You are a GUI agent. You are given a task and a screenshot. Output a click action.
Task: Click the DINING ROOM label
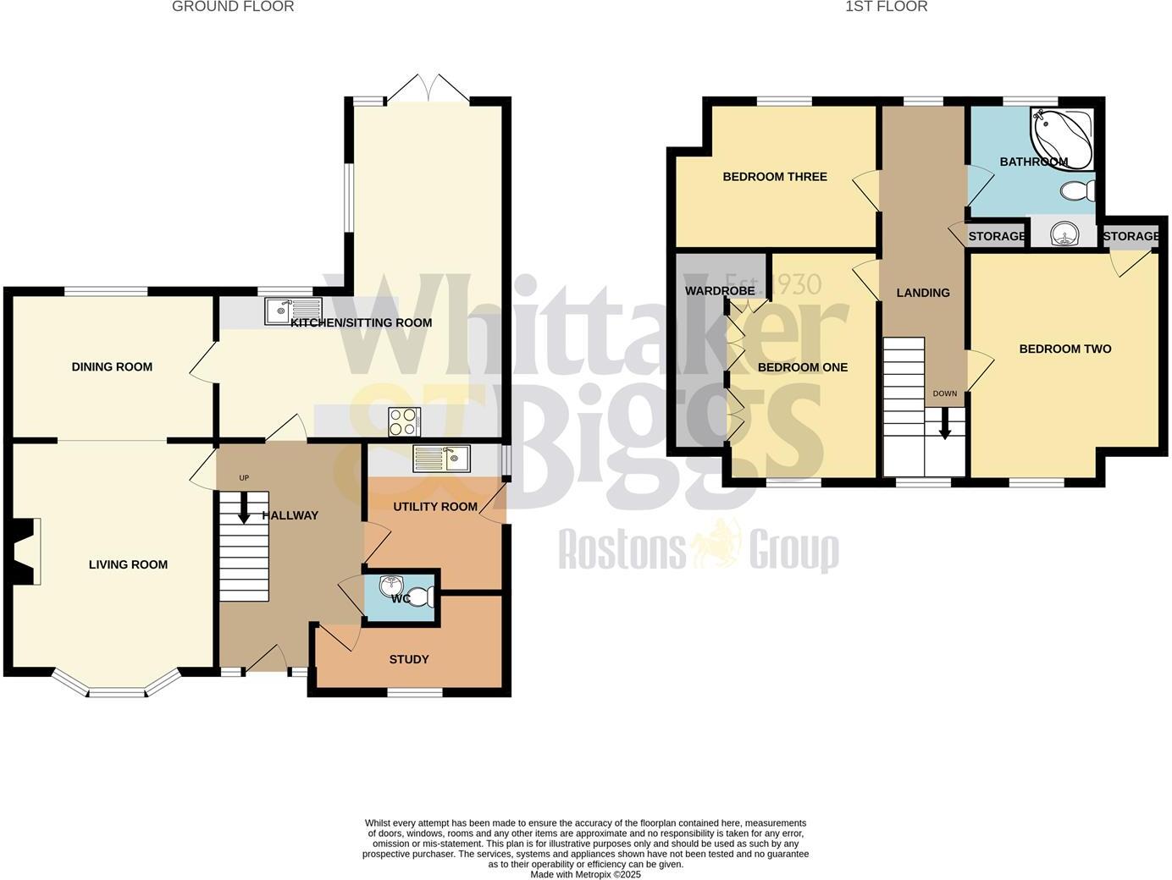pos(112,367)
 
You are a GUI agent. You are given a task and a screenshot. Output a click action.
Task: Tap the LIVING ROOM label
pos(128,565)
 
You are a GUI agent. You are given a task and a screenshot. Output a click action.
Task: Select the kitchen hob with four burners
pos(405,421)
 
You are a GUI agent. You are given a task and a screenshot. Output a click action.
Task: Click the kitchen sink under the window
pos(293,311)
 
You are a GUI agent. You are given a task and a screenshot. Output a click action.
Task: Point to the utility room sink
pos(441,459)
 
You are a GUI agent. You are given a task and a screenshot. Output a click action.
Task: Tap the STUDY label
pos(409,660)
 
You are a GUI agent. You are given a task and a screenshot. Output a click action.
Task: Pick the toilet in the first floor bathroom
pos(1076,191)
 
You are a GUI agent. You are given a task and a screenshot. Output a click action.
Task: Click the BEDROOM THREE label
pos(775,177)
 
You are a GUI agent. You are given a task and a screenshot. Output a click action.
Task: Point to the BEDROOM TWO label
pos(1064,349)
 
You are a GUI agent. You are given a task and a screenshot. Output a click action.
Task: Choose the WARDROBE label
pos(720,291)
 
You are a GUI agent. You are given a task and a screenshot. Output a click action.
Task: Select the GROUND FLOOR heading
pos(233,7)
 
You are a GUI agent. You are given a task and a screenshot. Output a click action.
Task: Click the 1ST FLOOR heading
pos(886,7)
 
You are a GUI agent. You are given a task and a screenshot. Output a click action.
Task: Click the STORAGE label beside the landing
pos(997,236)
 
